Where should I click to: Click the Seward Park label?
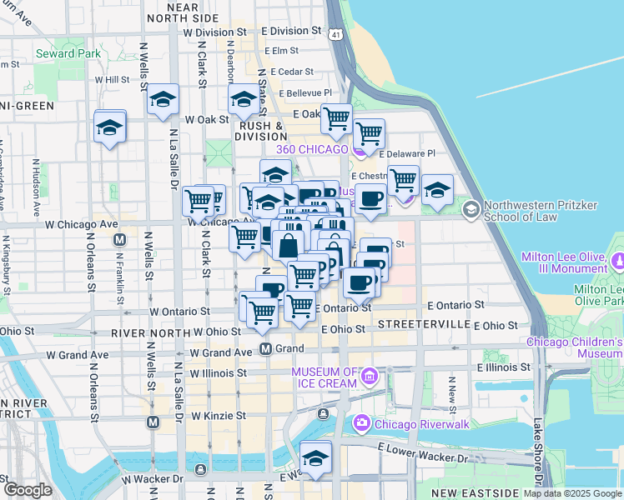click(68, 53)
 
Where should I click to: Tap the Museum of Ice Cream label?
click(324, 377)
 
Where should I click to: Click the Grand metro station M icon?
click(265, 348)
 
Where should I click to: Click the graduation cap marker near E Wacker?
click(315, 457)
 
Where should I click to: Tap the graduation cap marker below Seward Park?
click(109, 127)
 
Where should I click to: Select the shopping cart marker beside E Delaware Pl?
click(368, 132)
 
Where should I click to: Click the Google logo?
click(28, 490)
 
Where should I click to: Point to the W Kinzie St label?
click(219, 415)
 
